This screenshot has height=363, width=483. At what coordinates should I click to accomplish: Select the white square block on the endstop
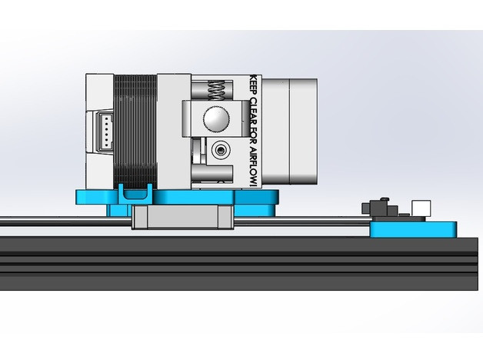[x=421, y=208]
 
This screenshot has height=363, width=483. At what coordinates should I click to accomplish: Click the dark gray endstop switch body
[x=378, y=210]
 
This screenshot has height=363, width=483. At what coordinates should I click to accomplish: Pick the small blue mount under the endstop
[x=414, y=228]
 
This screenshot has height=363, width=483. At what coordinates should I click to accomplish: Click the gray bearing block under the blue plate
[x=181, y=217]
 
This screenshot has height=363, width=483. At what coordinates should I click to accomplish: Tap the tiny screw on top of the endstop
[x=376, y=202]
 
